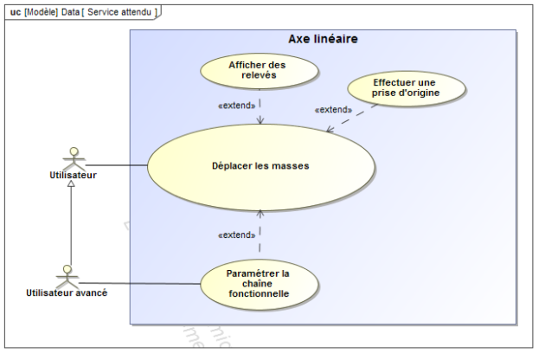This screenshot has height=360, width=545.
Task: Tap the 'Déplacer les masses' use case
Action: pyautogui.click(x=260, y=165)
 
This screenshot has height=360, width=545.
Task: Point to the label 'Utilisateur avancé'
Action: pyautogui.click(x=66, y=292)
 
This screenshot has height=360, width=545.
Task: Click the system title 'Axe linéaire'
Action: pyautogui.click(x=324, y=40)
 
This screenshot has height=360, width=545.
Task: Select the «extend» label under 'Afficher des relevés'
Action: pyautogui.click(x=234, y=106)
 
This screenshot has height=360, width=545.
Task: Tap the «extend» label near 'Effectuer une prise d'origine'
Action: pyautogui.click(x=334, y=110)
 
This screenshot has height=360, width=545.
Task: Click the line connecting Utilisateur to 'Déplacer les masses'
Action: pyautogui.click(x=117, y=164)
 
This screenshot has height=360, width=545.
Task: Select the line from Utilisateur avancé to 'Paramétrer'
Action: pyautogui.click(x=138, y=282)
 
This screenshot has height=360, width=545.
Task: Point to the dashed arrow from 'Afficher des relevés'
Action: pyautogui.click(x=260, y=106)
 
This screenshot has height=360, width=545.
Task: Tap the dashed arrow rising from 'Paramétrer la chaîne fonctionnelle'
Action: pyautogui.click(x=260, y=234)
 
